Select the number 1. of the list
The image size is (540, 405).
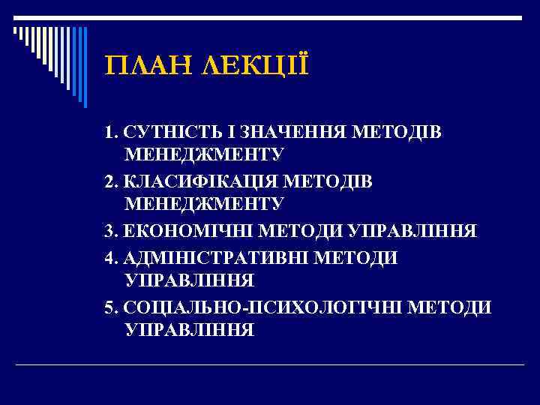[x=112, y=133]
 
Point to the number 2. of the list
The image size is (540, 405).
[x=112, y=181]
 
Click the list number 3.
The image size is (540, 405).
[x=112, y=230]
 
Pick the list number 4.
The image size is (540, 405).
[x=112, y=258]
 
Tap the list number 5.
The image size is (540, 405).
[x=112, y=307]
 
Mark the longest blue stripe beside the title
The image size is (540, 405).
[x=84, y=67]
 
